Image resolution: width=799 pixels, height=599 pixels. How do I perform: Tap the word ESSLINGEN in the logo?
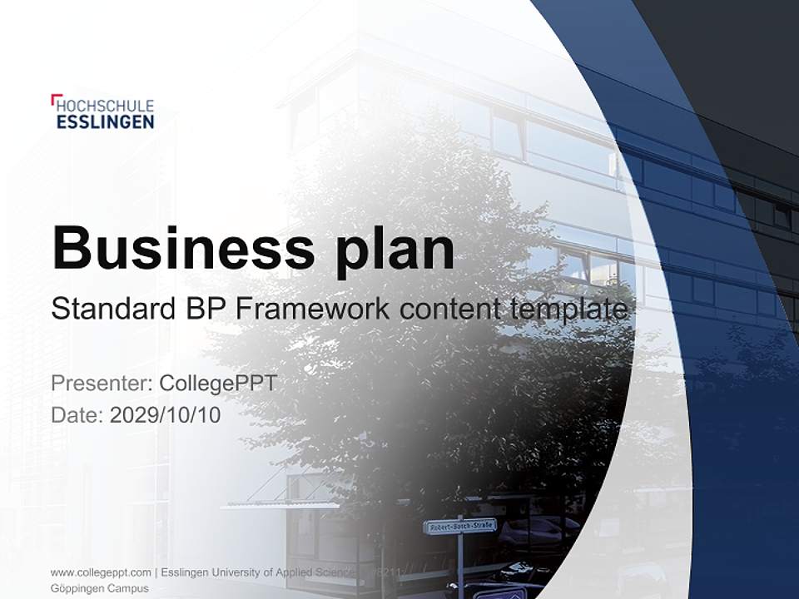(105, 121)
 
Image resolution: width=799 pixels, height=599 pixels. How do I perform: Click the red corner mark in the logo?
(55, 99)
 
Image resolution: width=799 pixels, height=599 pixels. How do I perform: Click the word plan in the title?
(396, 248)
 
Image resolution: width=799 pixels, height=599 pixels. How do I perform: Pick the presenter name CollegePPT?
(217, 384)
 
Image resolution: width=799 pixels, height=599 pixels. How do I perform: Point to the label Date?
(77, 414)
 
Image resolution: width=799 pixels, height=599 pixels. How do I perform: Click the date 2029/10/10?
(166, 414)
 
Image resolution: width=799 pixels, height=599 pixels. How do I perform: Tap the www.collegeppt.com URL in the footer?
(101, 572)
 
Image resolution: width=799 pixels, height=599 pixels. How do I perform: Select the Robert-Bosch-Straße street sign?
(460, 526)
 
